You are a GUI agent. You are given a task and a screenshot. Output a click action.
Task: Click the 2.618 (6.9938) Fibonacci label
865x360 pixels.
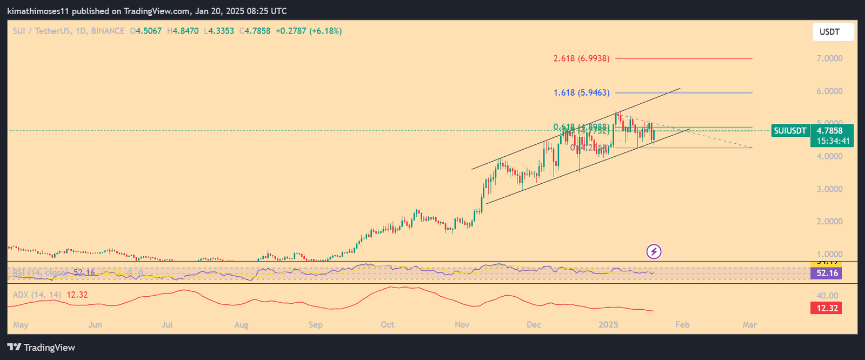(x=581, y=58)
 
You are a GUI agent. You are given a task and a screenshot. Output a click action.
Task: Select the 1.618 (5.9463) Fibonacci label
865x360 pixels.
(x=581, y=93)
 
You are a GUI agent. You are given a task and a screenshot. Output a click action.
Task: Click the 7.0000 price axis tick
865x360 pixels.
(x=829, y=58)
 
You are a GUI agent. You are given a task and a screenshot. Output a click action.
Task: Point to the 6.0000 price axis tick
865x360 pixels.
(x=829, y=91)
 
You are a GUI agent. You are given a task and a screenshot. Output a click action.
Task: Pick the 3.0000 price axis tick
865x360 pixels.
(x=829, y=189)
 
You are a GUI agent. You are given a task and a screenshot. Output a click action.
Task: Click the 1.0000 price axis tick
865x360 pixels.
(x=829, y=254)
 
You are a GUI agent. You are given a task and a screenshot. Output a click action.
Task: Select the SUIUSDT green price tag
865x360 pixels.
(x=790, y=131)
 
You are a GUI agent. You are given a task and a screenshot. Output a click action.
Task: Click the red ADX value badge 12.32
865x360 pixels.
(x=827, y=308)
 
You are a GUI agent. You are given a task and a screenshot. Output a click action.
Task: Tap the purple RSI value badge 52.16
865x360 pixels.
(x=827, y=273)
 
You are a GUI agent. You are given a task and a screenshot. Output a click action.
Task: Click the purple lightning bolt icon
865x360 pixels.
(x=654, y=251)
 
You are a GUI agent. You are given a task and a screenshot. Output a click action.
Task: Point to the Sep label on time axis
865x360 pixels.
(x=315, y=325)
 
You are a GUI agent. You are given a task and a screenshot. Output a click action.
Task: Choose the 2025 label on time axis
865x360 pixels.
(x=608, y=325)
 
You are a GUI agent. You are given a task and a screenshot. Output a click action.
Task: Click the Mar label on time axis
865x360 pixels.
(x=749, y=325)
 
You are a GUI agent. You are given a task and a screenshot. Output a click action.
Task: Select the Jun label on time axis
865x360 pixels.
(x=95, y=325)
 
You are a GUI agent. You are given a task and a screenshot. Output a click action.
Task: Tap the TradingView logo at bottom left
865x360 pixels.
(x=42, y=348)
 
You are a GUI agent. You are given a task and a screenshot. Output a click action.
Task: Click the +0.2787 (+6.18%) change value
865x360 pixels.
(x=309, y=31)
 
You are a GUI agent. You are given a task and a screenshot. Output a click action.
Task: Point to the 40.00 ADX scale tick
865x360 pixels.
(x=828, y=296)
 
